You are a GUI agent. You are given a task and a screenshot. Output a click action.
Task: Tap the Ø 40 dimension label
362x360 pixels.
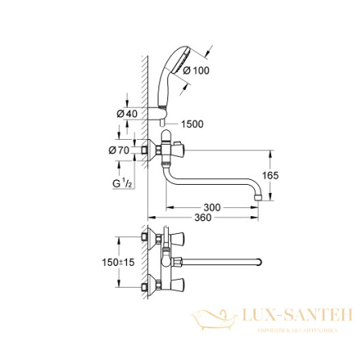[126, 113]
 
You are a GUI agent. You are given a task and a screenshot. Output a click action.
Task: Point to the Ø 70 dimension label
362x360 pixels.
[126, 149]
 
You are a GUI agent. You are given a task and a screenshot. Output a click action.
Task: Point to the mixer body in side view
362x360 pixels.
[169, 150]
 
